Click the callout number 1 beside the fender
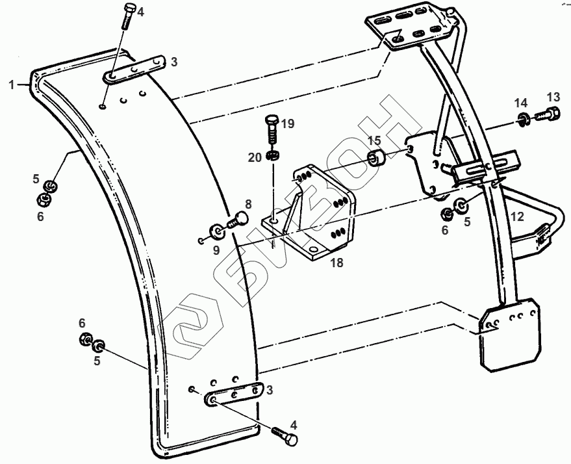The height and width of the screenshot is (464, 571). tap(11, 84)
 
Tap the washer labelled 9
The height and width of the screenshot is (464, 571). tap(215, 231)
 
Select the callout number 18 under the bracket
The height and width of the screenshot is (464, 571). tap(336, 263)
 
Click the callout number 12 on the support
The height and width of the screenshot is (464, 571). tap(516, 218)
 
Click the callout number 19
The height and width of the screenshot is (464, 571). tap(288, 123)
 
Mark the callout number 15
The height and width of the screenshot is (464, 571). tap(375, 140)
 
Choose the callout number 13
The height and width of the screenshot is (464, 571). tap(553, 97)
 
